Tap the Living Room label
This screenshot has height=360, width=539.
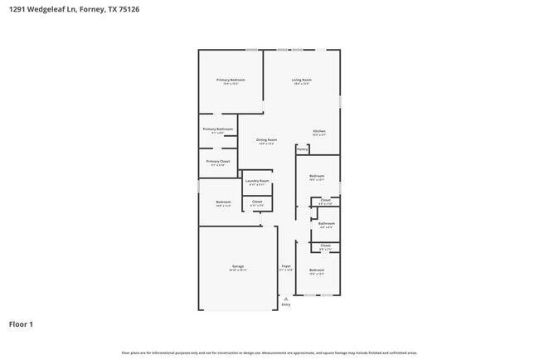301,80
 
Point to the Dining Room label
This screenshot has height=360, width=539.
266,140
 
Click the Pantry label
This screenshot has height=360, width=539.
303,150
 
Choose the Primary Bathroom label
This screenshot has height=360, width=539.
217,129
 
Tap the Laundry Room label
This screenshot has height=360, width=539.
257,181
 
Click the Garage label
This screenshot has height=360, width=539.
237,266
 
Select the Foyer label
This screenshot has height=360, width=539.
286,266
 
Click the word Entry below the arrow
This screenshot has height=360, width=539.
286,304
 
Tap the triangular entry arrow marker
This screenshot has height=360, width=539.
286,298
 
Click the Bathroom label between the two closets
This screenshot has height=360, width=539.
327,223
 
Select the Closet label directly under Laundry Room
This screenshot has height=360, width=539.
257,202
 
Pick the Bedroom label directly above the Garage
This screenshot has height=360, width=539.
223,202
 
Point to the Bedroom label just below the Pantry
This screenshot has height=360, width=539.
317,176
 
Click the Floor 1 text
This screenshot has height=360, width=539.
21,324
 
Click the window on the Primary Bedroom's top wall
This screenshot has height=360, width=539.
250,50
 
